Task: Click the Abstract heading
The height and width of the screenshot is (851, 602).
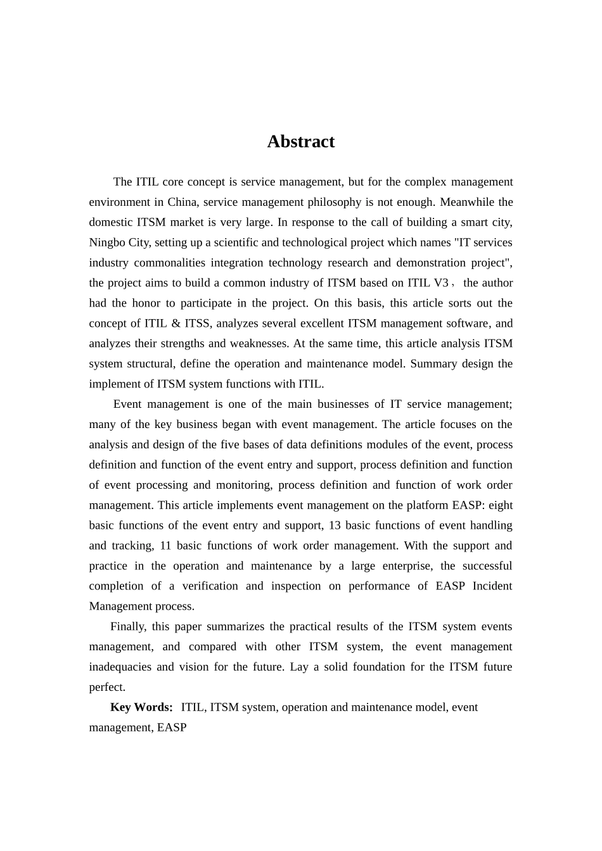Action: (300, 141)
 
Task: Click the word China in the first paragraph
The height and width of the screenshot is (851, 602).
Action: (183, 202)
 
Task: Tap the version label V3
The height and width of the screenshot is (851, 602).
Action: (440, 283)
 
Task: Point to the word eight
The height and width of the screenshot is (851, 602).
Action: (501, 505)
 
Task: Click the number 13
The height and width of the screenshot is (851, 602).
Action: (335, 526)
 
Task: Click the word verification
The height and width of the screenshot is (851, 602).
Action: (209, 586)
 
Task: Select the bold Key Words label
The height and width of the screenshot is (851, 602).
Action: (141, 707)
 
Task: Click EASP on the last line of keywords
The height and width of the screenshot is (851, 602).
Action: (172, 728)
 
